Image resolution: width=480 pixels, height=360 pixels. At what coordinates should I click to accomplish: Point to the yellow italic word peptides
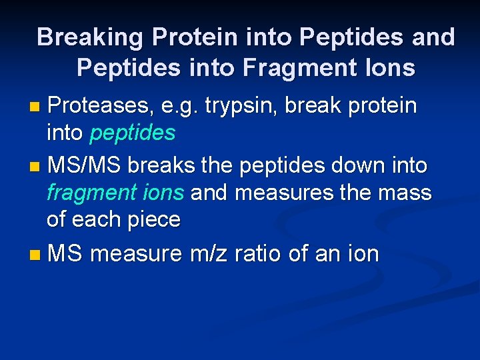(132, 133)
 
